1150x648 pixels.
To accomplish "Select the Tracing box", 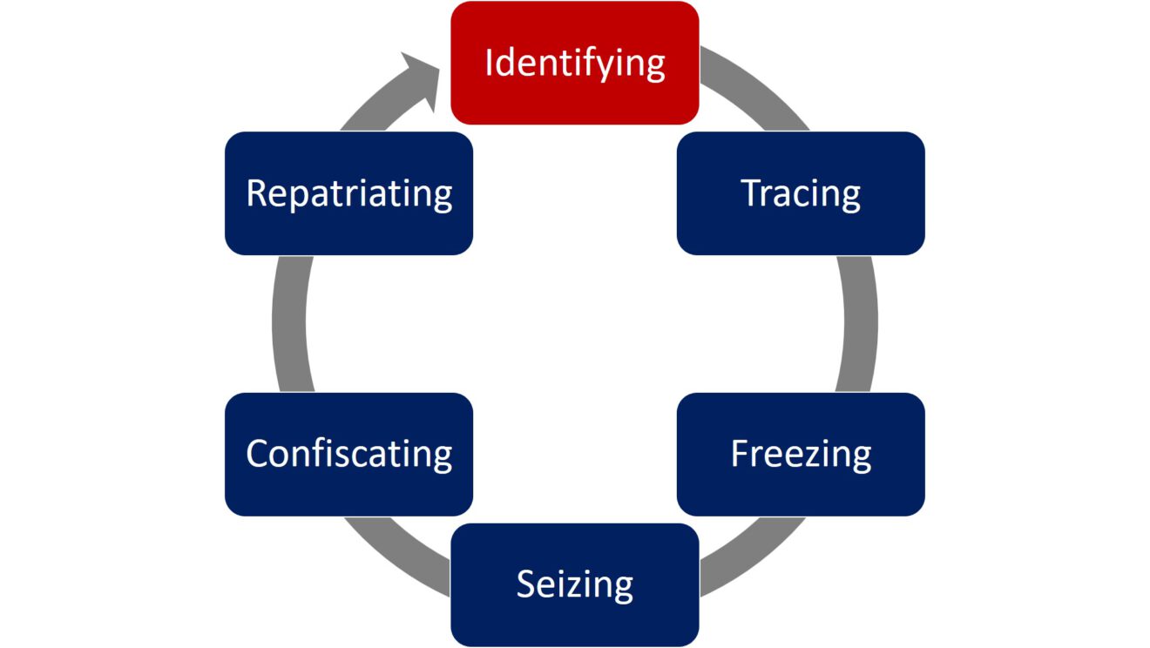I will point(801,193).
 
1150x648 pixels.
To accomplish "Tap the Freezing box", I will point(801,454).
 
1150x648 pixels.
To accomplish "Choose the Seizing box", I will point(574,584).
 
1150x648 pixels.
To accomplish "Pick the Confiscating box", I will point(348,454).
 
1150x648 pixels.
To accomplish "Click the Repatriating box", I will point(348,193).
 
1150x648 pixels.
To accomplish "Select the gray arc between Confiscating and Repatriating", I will point(290,323).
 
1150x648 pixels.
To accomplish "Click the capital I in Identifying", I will point(489,63).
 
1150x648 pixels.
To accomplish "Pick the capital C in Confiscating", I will point(257,454).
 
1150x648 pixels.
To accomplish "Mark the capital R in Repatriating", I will point(256,192).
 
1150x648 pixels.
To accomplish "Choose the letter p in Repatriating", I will point(300,197).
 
